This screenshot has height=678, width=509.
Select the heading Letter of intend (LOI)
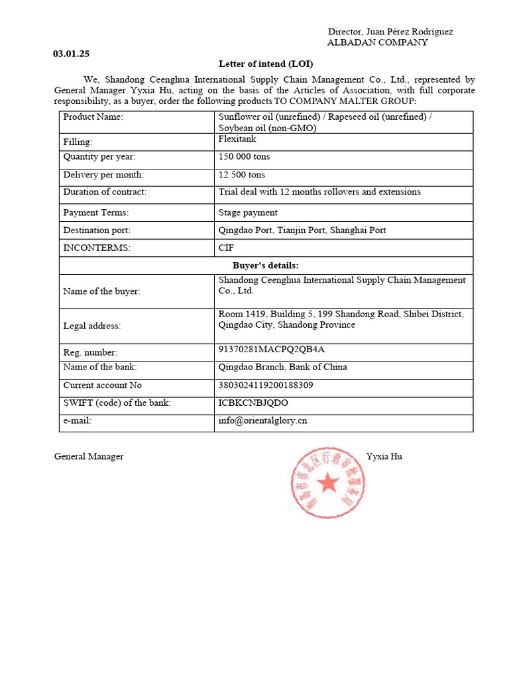point(265,64)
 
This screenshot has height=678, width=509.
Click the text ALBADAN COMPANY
point(378,42)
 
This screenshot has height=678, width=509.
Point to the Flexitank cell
point(237,140)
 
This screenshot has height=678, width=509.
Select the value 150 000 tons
point(244,157)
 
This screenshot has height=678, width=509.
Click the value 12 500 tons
point(241,175)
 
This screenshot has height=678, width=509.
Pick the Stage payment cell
point(248,213)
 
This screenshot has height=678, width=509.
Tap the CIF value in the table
point(226,248)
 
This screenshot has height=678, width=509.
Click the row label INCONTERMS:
point(97,248)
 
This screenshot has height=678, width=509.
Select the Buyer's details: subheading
point(266,266)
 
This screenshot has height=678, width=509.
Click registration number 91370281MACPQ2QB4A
point(272,350)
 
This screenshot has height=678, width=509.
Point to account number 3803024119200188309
point(266,385)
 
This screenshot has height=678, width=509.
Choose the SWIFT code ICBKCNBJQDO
point(253,403)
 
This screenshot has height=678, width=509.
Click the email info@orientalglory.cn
point(262,420)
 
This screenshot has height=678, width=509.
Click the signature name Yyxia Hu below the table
point(384,456)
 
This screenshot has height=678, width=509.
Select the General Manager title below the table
point(89,456)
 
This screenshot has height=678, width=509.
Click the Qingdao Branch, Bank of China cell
point(282,367)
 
